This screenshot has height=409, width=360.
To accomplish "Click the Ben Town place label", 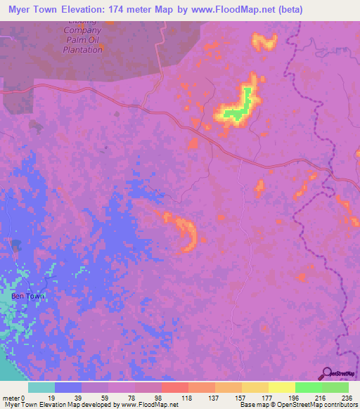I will pyautogui.click(x=27, y=296).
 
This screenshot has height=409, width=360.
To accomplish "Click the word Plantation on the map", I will pyautogui.click(x=82, y=49).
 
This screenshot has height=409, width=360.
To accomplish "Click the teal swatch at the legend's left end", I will pyautogui.click(x=41, y=387).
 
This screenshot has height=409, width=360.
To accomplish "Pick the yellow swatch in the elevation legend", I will pyautogui.click(x=282, y=387).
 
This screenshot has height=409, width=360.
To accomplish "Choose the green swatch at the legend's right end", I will pyautogui.click(x=335, y=387).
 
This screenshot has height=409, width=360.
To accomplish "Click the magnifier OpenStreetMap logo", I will pyautogui.click(x=326, y=374).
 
